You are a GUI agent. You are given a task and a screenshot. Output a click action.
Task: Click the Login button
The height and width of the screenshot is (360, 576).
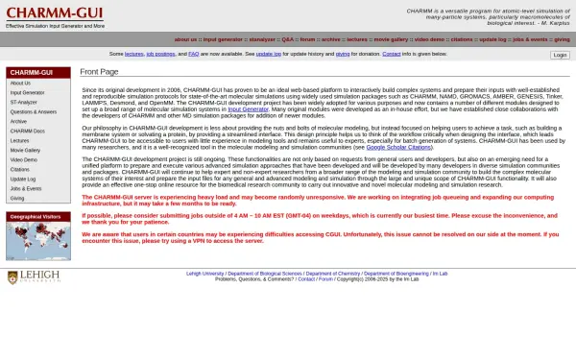(560, 55)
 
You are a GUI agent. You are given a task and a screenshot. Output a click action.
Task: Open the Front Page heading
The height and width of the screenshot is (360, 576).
(99, 72)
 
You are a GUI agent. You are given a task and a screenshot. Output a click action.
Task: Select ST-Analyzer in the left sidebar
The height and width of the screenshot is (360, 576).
(24, 102)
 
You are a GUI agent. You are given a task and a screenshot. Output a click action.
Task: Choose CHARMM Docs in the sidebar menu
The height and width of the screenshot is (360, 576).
(27, 131)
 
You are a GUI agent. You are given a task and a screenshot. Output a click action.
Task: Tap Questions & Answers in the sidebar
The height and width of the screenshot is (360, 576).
(34, 111)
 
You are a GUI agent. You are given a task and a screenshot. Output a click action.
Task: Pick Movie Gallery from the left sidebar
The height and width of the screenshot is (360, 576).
(26, 150)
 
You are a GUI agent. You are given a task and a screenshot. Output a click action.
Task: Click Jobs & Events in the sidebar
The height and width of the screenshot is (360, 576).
(26, 188)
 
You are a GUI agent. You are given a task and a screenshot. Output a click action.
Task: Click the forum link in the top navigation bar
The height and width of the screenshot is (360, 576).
(307, 39)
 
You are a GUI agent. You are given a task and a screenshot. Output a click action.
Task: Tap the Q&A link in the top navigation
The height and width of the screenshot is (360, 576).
(287, 39)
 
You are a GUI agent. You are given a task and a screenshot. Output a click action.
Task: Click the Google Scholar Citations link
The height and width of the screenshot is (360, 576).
(399, 147)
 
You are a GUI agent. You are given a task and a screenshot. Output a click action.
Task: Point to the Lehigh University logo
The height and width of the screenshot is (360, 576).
(29, 277)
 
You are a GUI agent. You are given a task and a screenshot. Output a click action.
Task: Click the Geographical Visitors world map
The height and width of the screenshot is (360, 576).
(37, 242)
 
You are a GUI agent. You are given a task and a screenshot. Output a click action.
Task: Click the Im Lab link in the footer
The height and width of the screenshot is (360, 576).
(440, 273)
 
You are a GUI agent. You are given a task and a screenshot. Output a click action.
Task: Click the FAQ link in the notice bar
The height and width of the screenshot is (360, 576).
(194, 54)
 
